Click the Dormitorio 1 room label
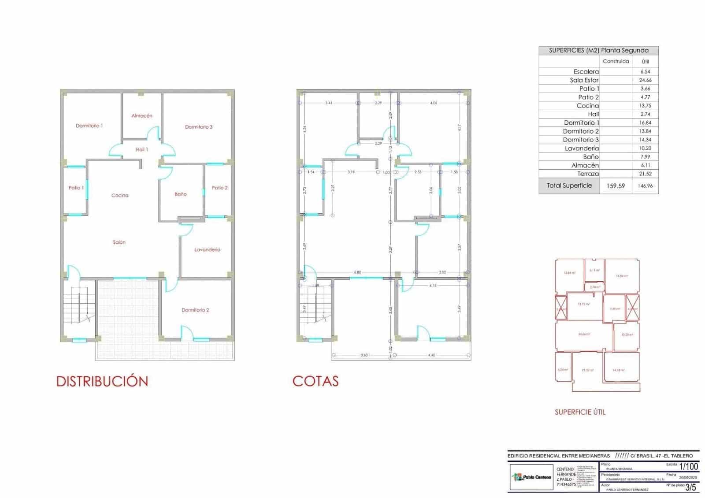pos(89,126)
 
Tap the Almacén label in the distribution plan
pos(142,115)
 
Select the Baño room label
pos(181,194)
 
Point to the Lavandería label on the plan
pos(207,249)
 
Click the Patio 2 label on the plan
pos(219,188)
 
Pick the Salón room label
pos(119,242)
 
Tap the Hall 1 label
pos(142,149)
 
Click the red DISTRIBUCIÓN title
pos(102,381)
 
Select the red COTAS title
pos(315,381)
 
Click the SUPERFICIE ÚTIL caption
pos(580,412)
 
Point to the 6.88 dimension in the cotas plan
pos(357,272)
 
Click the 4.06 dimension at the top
pos(434,103)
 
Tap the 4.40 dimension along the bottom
pos(431,355)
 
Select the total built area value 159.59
pos(616,186)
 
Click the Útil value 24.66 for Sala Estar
pos(645,80)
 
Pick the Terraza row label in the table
pos(588,174)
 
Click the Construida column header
pos(616,61)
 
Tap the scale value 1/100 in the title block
pos(688,466)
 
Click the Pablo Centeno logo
pos(531,477)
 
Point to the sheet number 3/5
pos(690,487)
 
